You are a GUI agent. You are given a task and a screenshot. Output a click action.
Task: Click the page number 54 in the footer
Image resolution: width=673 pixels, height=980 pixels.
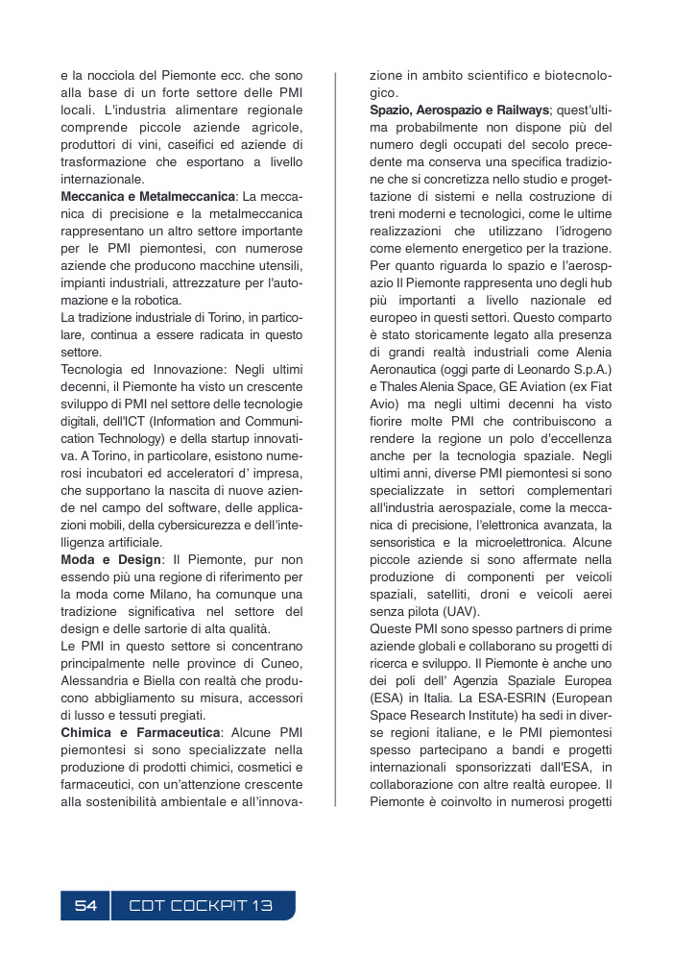pos(85,906)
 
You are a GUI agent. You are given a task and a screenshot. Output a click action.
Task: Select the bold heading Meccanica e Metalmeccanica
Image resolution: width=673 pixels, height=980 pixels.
pos(148,197)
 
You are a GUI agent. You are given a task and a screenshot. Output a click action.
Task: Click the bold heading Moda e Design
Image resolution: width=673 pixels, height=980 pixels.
pos(108,559)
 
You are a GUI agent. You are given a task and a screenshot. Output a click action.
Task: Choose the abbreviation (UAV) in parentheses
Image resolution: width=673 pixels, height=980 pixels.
pos(463,612)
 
